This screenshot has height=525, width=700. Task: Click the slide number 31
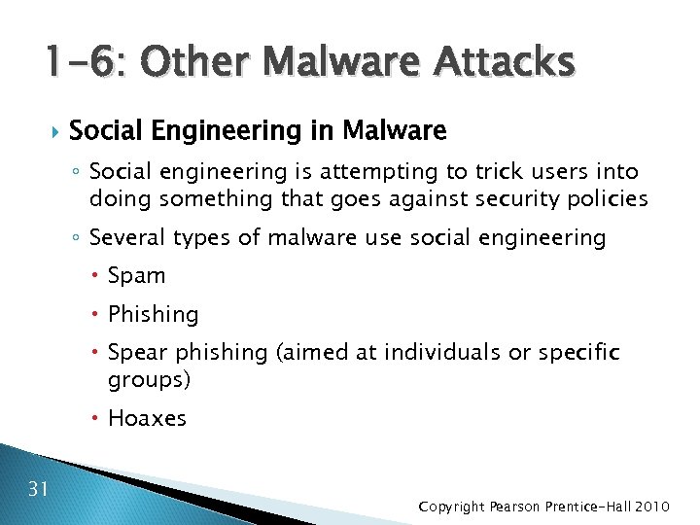pyautogui.click(x=38, y=488)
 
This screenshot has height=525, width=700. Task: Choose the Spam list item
pyautogui.click(x=137, y=276)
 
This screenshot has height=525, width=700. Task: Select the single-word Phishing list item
pyautogui.click(x=153, y=315)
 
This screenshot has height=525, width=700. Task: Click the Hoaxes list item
pyautogui.click(x=147, y=419)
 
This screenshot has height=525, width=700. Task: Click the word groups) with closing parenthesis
pyautogui.click(x=149, y=379)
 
